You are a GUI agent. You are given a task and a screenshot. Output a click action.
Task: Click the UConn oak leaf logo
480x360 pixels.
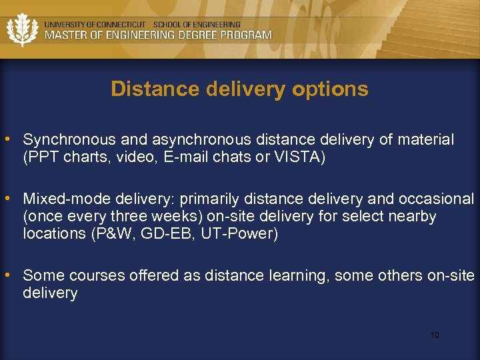click(x=22, y=29)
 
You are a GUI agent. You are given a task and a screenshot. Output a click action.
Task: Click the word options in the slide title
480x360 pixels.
click(x=337, y=89)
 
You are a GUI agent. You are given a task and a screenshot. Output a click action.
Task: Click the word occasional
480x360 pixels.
click(x=436, y=199)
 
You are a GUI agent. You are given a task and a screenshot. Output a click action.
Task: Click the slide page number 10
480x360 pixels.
click(x=435, y=335)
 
